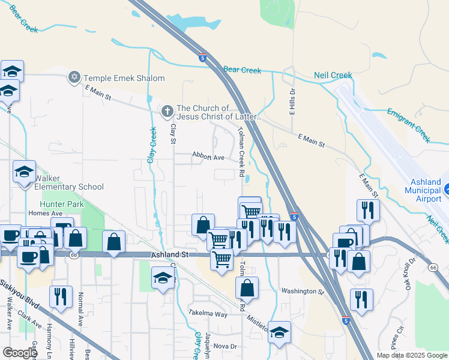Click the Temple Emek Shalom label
124,78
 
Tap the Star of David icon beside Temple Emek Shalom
75,77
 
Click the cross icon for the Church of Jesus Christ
167,110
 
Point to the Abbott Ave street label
208,157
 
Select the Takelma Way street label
208,314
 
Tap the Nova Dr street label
226,346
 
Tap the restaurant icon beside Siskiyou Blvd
61,297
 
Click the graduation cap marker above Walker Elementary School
25,172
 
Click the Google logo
20,353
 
